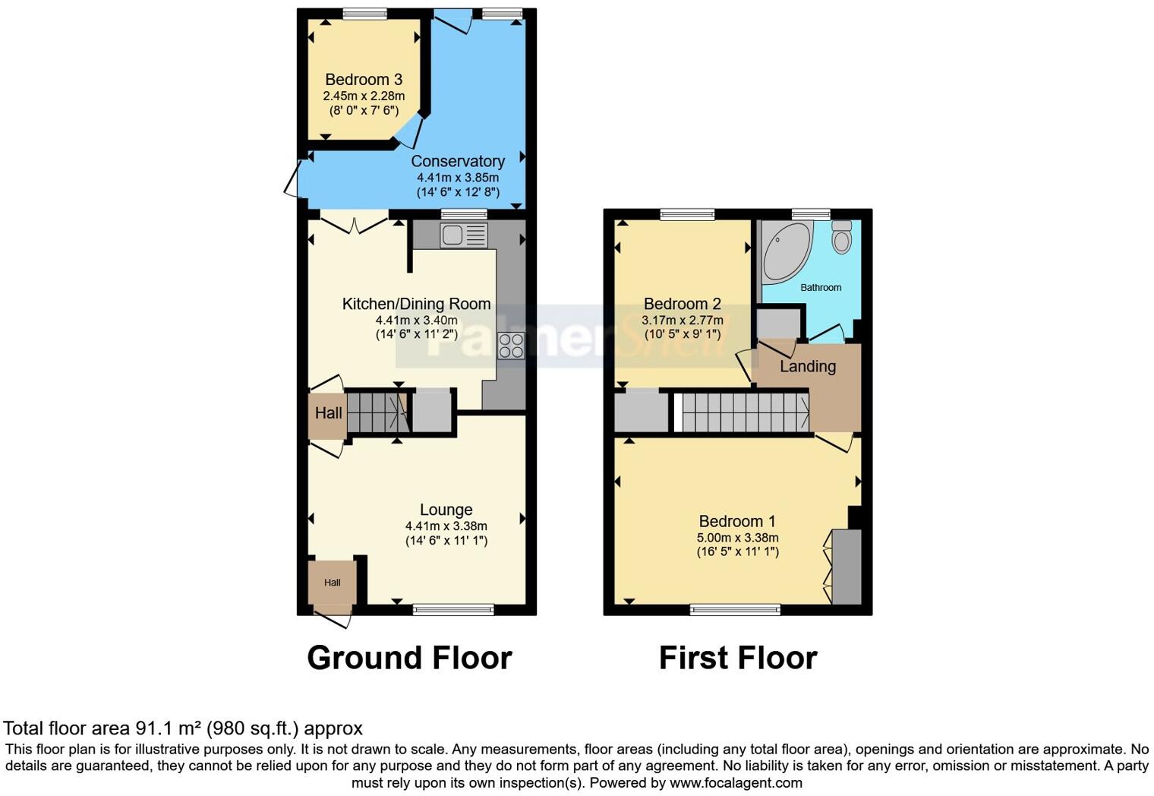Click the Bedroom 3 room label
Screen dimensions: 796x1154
[364, 80]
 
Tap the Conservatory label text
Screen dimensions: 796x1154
[458, 161]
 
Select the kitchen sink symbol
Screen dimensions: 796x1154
[463, 235]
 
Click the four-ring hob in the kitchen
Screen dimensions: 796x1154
[511, 346]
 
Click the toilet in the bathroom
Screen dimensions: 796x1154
[841, 238]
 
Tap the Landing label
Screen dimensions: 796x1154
[808, 366]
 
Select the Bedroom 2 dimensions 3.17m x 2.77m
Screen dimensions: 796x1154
[683, 321]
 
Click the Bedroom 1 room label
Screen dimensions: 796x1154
[737, 521]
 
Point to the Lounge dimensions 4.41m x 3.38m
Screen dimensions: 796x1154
[446, 526]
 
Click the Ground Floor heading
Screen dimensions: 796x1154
[409, 658]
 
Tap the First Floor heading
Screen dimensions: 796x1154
[738, 658]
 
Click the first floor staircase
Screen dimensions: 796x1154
[744, 412]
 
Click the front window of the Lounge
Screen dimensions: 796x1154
[453, 609]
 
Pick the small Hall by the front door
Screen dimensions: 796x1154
[332, 583]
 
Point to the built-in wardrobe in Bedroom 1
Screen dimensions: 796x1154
[847, 567]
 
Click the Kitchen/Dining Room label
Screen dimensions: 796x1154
[416, 304]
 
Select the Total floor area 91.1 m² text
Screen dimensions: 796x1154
[183, 728]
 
